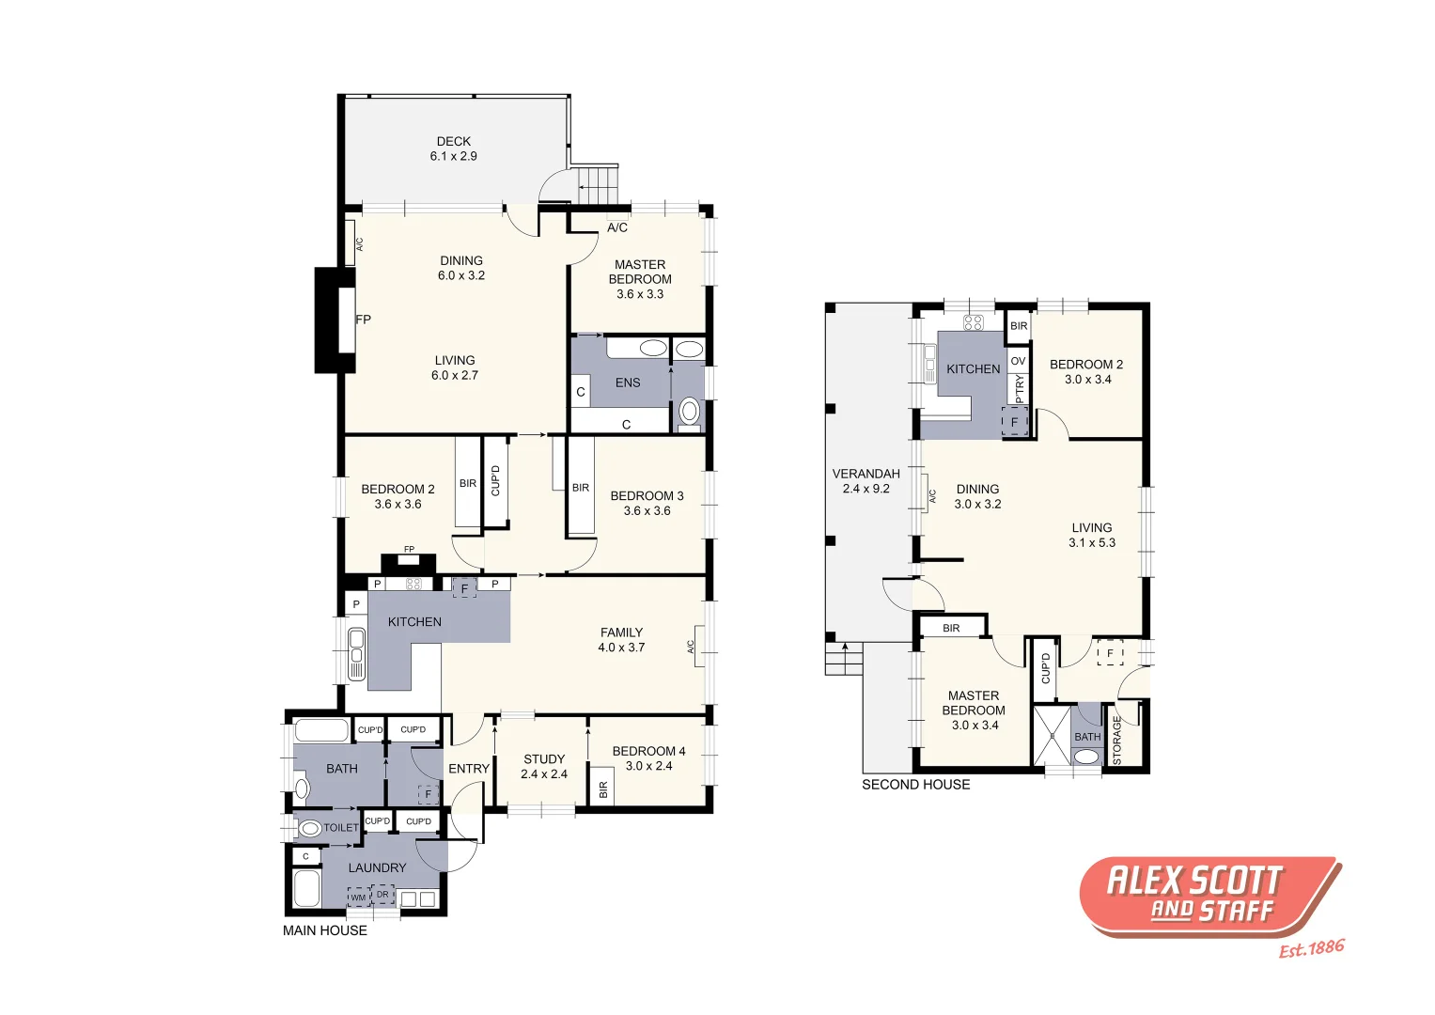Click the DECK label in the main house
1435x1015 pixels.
tap(453, 142)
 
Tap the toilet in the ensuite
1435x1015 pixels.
tap(690, 411)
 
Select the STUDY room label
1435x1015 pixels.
tap(544, 759)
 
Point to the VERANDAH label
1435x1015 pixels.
tap(866, 474)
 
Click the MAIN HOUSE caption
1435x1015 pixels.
tap(325, 930)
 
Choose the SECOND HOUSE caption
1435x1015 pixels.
tap(915, 785)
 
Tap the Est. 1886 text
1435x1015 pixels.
tap(1311, 948)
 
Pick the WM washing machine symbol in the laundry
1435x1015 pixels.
tap(358, 898)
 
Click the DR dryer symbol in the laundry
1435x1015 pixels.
tap(382, 895)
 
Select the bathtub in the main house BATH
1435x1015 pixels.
tap(321, 730)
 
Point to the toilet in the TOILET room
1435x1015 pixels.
tap(309, 829)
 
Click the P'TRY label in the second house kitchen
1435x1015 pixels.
tap(1020, 388)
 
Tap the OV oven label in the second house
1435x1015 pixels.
tap(1018, 361)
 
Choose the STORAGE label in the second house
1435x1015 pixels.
tap(1116, 740)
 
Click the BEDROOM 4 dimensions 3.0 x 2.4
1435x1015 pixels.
tap(648, 766)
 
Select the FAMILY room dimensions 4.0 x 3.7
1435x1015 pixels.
tap(621, 648)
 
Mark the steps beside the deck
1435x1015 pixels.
tap(598, 182)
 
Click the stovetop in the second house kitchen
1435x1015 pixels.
tap(973, 322)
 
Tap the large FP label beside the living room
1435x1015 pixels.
tap(363, 320)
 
